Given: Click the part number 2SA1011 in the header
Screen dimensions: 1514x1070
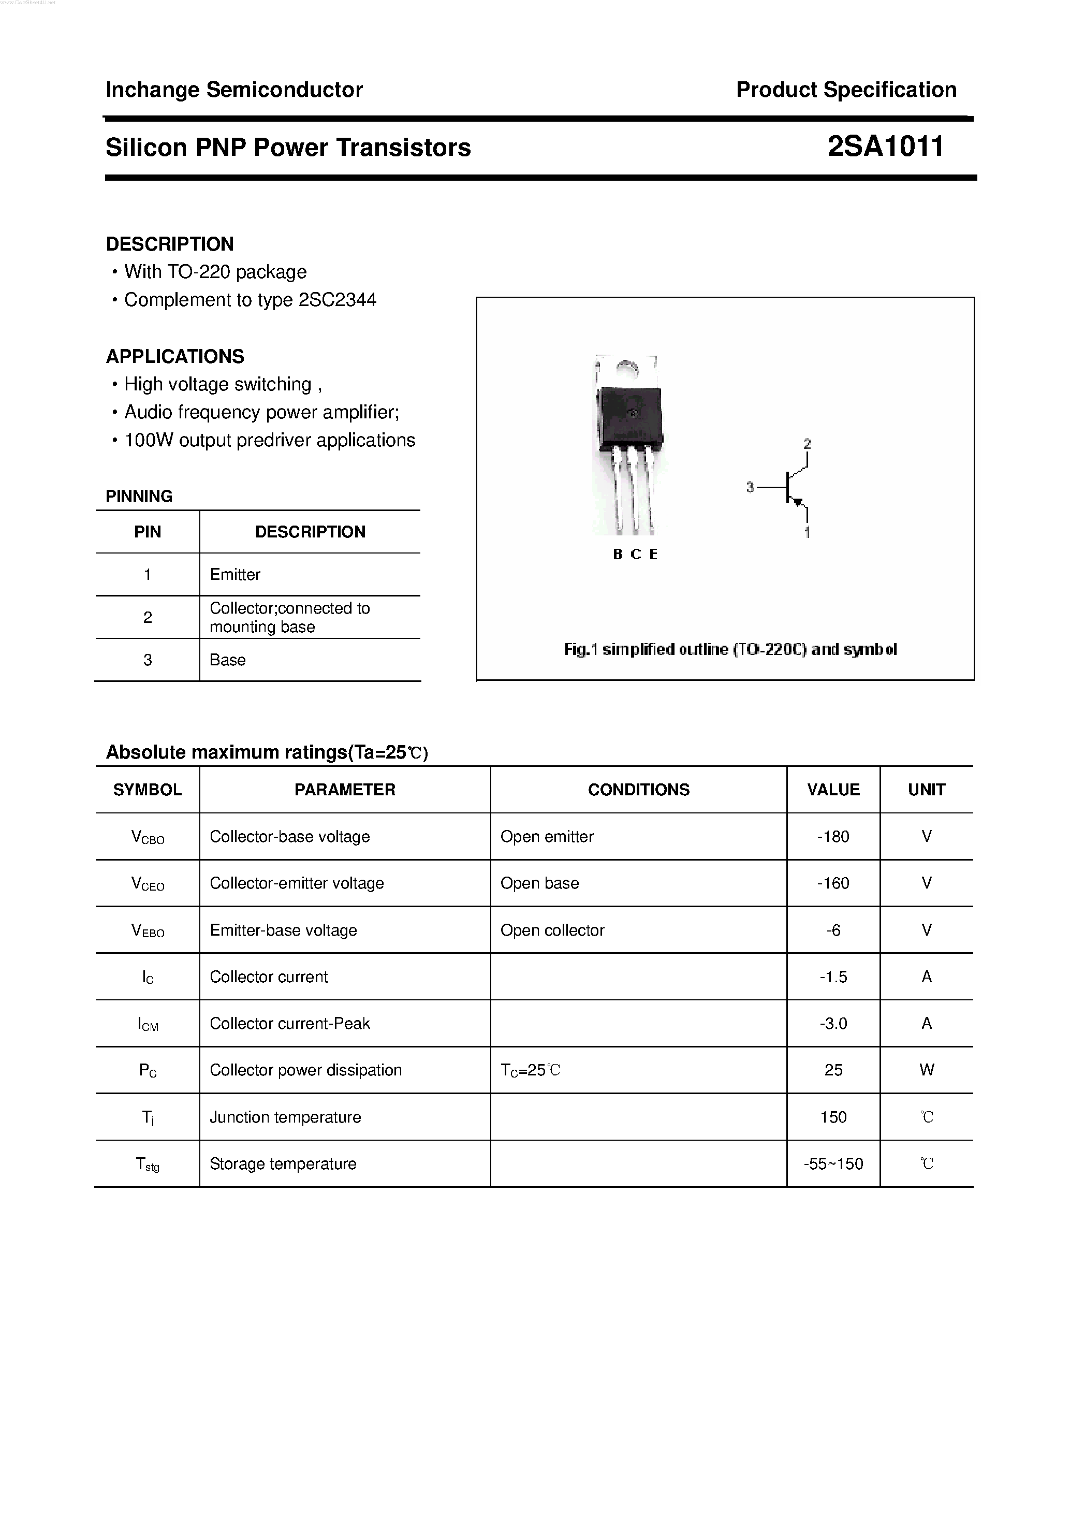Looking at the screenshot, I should pyautogui.click(x=885, y=147).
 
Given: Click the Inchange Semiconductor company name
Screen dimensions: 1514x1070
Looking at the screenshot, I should pyautogui.click(x=234, y=90).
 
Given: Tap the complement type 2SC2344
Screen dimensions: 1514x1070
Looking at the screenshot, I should pyautogui.click(x=337, y=300).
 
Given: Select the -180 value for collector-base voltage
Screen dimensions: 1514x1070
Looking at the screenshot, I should pyautogui.click(x=833, y=836).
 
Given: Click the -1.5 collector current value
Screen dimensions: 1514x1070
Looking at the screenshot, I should pyautogui.click(x=833, y=977).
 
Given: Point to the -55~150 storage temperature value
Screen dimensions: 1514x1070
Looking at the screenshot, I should pyautogui.click(x=833, y=1164).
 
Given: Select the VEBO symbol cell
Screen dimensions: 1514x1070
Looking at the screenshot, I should pyautogui.click(x=148, y=930).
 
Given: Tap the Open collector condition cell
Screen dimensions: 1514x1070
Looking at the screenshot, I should pyautogui.click(x=552, y=930).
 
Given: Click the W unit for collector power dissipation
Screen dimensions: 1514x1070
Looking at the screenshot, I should pyautogui.click(x=926, y=1070).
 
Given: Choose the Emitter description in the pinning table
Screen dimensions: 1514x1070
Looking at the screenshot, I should pyautogui.click(x=234, y=574).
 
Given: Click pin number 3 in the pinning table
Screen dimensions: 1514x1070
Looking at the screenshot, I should pyautogui.click(x=148, y=660).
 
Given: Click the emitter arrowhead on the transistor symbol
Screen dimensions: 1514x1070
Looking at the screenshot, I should pyautogui.click(x=798, y=502).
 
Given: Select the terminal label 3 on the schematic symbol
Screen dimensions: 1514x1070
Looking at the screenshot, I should pyautogui.click(x=750, y=487).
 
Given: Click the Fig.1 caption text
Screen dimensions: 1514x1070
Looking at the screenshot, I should pyautogui.click(x=730, y=649).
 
